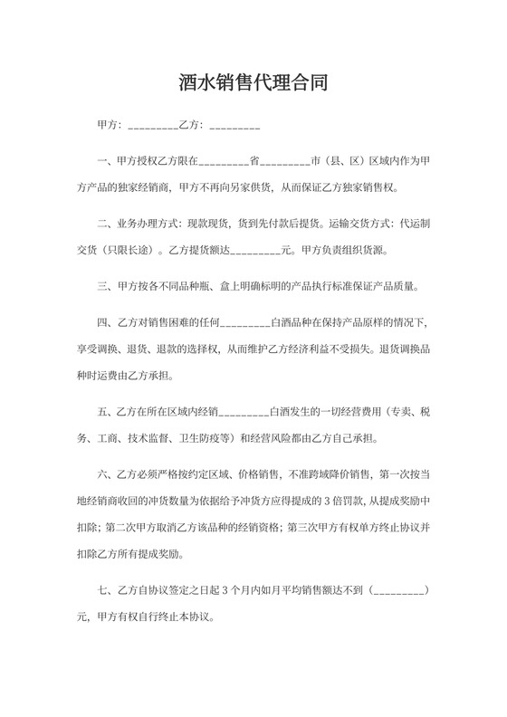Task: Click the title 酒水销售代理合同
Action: coord(253,84)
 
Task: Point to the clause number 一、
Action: coord(102,162)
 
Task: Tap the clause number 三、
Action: coord(102,286)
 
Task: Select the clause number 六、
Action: coord(102,474)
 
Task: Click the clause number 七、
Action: coord(102,591)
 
